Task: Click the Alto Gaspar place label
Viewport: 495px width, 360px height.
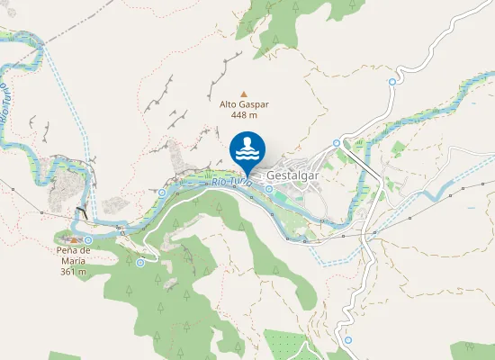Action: click(x=244, y=103)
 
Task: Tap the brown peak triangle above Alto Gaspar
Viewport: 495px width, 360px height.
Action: click(x=243, y=92)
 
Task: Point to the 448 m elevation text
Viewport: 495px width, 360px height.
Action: click(x=244, y=115)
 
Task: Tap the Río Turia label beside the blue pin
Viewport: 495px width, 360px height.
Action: click(x=232, y=183)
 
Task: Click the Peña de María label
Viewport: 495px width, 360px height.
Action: click(x=73, y=256)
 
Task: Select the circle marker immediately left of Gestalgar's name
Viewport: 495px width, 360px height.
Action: click(x=268, y=189)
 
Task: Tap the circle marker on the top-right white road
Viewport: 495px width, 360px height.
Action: click(x=392, y=82)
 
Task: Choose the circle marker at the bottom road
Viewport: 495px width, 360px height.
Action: click(x=346, y=341)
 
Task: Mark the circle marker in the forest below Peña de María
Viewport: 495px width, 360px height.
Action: click(x=139, y=263)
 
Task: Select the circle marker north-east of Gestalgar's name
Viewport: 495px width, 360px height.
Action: click(x=337, y=142)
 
